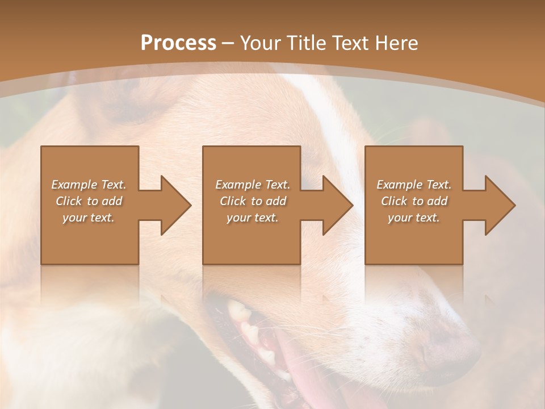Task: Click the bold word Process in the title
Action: [178, 43]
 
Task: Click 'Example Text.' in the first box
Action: [89, 185]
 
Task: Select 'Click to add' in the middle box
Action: [253, 201]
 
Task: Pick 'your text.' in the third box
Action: [414, 218]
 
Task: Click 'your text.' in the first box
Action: [89, 218]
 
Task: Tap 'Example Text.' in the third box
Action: [414, 185]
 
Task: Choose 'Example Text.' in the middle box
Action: [253, 185]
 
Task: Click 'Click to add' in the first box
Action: [89, 201]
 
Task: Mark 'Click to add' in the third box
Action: [414, 201]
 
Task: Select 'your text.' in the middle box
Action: [253, 218]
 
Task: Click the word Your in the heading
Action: [259, 43]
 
